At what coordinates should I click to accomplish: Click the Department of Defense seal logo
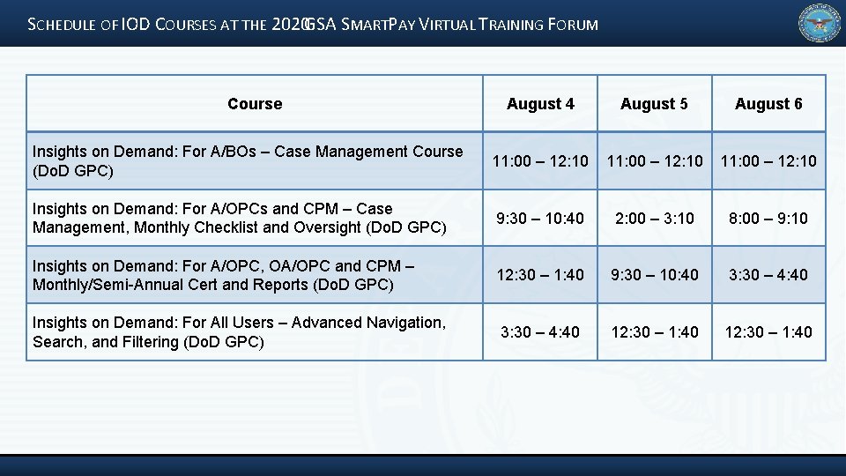(820, 24)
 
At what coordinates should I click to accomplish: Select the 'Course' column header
(255, 104)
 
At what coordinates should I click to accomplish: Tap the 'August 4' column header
(540, 104)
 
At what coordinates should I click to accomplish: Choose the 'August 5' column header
(654, 104)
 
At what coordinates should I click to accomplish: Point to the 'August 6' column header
(768, 104)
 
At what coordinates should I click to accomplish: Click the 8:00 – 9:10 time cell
(768, 218)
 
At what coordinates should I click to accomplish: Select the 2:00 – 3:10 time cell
(654, 218)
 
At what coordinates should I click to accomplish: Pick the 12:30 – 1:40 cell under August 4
(540, 275)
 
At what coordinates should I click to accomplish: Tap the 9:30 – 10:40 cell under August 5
(654, 275)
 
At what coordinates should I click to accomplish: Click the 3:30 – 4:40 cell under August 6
(768, 275)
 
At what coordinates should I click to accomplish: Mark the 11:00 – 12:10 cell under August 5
(654, 161)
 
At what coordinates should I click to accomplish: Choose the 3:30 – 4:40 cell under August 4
(540, 332)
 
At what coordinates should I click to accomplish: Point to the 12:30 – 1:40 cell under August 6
(768, 332)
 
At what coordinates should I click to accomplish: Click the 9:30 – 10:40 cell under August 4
(540, 218)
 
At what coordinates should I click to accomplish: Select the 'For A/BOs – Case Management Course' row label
(248, 160)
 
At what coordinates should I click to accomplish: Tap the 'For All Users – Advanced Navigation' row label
(239, 332)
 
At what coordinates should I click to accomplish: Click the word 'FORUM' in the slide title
(574, 25)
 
